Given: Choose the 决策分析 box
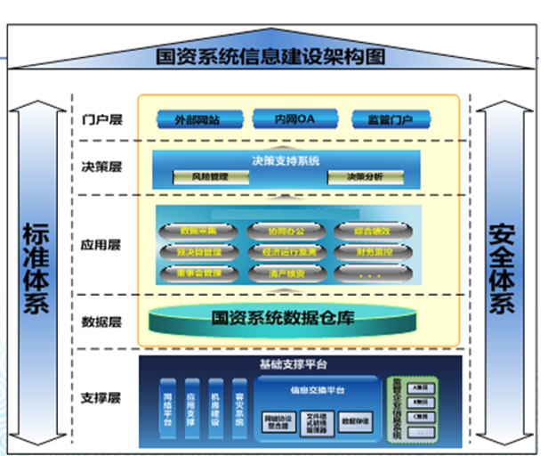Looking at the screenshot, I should point(365,177).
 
